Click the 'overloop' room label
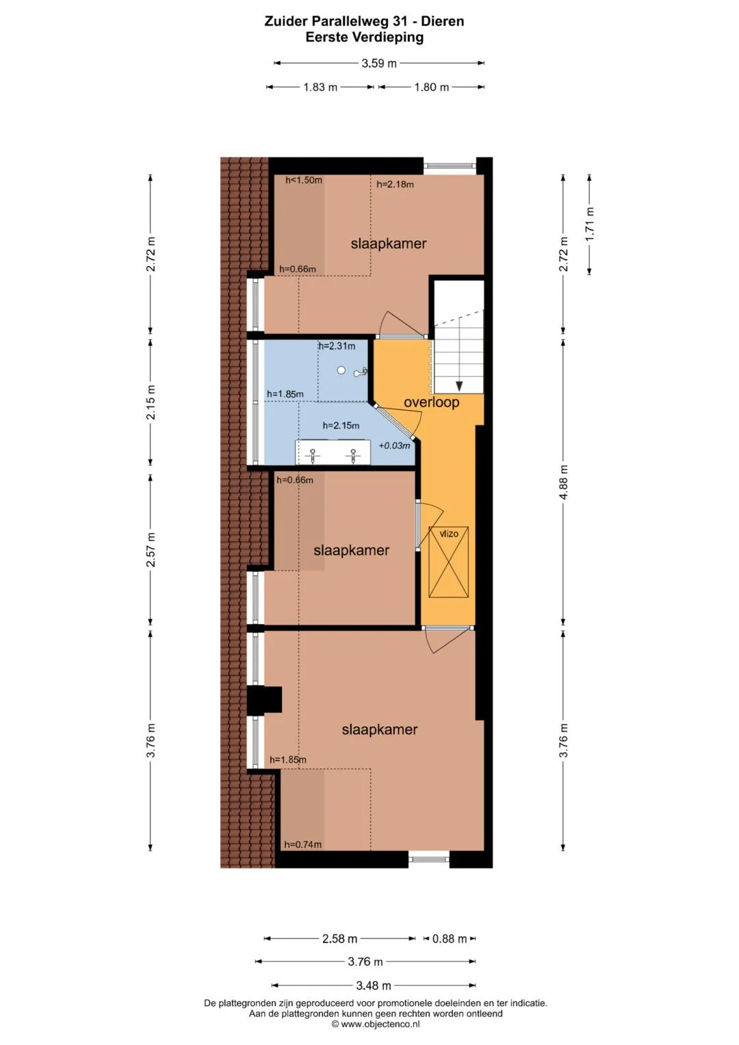tap(431, 402)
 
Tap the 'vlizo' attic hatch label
tap(449, 533)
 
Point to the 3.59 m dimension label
tap(379, 64)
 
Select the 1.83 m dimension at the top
tap(320, 87)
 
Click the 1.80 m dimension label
tap(432, 87)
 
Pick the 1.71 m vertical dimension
tap(590, 224)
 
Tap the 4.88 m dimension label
tap(564, 482)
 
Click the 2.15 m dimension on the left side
tap(151, 402)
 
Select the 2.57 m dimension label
tap(151, 550)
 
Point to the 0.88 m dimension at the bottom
tap(450, 939)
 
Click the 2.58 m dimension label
tap(339, 939)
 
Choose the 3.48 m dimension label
tap(373, 985)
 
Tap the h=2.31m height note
tap(337, 346)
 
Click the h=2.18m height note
tap(395, 184)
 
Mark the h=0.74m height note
tap(302, 844)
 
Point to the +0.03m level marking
tap(394, 446)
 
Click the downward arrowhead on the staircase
tap(459, 386)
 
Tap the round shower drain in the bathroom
tap(341, 370)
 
